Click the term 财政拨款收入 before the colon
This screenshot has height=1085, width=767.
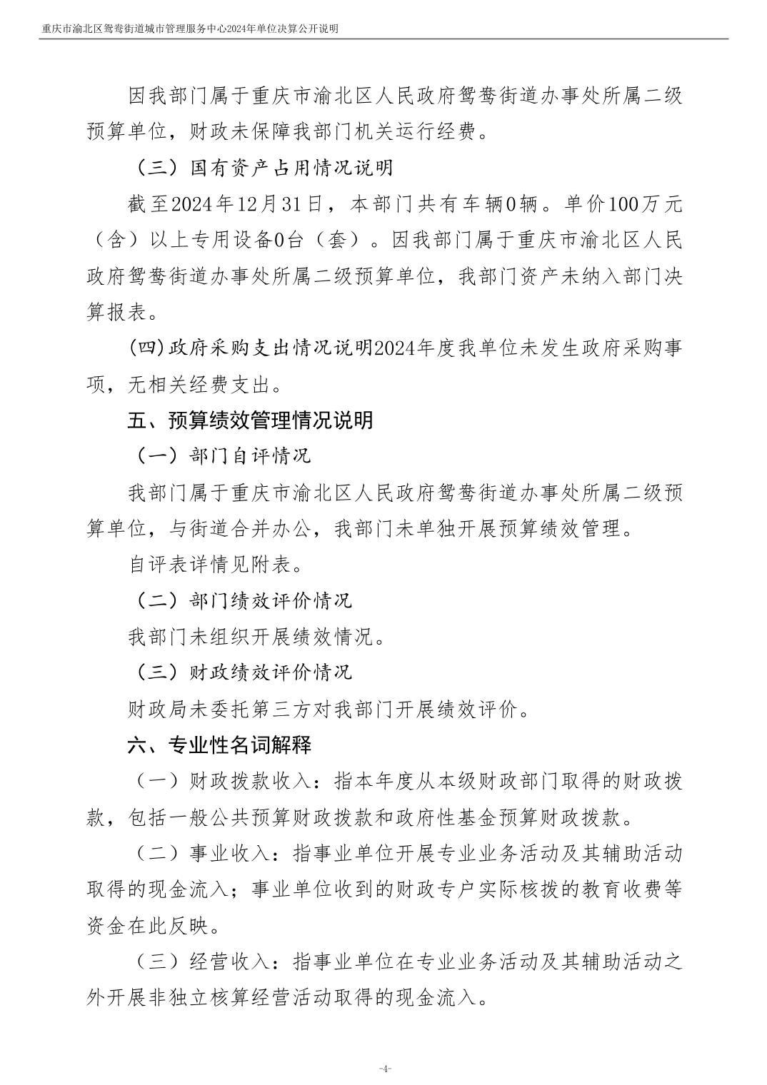coord(251,781)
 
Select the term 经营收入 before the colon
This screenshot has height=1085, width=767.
coord(230,962)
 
